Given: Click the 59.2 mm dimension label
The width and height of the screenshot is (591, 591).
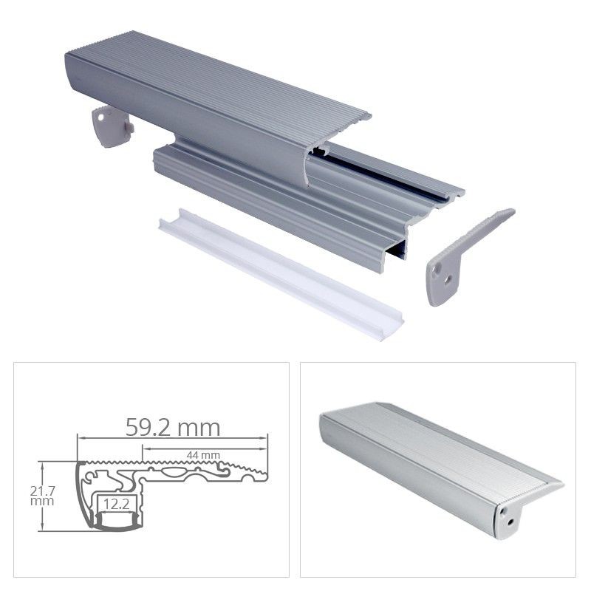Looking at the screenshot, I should tap(173, 427).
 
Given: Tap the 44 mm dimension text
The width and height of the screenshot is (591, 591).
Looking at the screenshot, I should tap(206, 453).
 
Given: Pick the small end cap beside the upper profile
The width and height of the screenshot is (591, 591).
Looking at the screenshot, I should tap(111, 126).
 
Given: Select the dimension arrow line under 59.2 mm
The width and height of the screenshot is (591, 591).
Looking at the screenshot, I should tap(173, 439).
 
